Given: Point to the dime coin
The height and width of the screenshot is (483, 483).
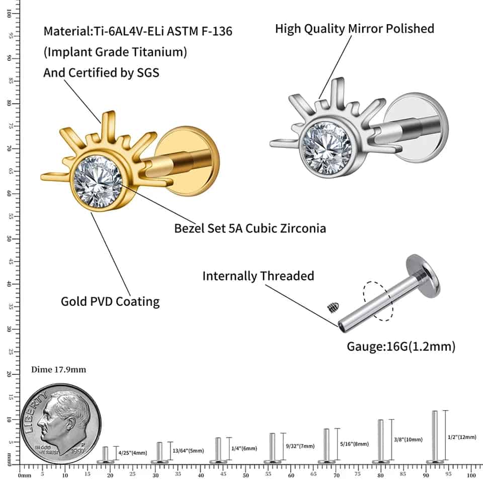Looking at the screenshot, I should pyautogui.click(x=61, y=424).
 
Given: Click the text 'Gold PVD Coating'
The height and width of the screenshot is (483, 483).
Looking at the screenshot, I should pyautogui.click(x=110, y=301).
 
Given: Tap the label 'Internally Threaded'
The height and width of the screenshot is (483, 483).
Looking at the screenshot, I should pyautogui.click(x=258, y=276).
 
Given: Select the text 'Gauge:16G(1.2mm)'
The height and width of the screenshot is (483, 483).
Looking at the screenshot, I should pyautogui.click(x=401, y=346).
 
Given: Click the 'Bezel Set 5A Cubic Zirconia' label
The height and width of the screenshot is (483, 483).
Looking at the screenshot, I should pyautogui.click(x=250, y=228).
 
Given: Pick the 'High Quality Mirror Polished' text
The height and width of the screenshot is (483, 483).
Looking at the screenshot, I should pyautogui.click(x=354, y=28).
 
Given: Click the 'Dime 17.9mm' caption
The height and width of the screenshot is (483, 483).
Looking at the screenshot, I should pyautogui.click(x=58, y=369).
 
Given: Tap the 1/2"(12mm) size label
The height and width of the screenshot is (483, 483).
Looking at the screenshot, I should pyautogui.click(x=461, y=437).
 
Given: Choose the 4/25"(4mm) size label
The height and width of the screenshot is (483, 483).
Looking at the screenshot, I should pyautogui.click(x=132, y=453).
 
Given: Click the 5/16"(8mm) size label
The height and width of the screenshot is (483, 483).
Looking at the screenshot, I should pyautogui.click(x=354, y=444).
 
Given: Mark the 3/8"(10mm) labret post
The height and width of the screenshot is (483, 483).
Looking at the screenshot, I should pyautogui.click(x=381, y=442).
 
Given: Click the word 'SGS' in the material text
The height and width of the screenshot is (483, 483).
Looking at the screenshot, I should pyautogui.click(x=148, y=72).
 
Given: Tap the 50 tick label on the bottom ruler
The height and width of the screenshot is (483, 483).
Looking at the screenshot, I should pyautogui.click(x=246, y=475).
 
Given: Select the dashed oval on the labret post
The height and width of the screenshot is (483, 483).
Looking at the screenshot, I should pyautogui.click(x=376, y=300).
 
